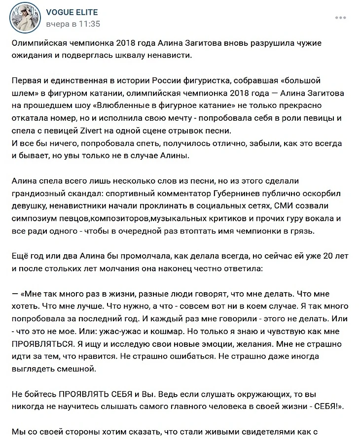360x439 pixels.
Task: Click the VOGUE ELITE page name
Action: pyautogui.click(x=72, y=12)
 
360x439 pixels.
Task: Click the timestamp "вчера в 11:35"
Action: pyautogui.click(x=73, y=24)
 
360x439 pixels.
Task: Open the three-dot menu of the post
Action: pyautogui.click(x=340, y=17)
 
